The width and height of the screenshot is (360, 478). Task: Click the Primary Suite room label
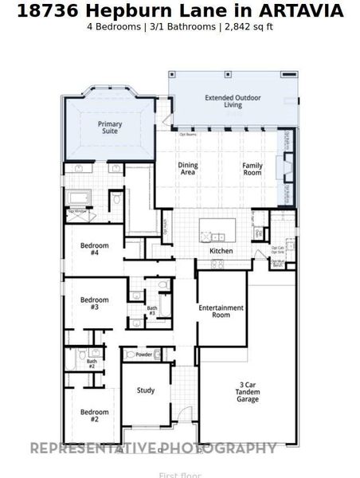(x=110, y=127)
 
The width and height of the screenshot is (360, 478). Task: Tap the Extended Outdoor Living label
(x=234, y=102)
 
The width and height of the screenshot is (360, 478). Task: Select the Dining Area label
(x=188, y=168)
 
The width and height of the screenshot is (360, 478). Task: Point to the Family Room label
(x=252, y=168)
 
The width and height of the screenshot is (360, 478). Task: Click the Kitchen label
(x=221, y=251)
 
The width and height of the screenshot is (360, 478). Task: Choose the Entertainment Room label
(x=221, y=310)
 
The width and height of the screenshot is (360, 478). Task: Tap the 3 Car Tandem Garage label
(x=248, y=392)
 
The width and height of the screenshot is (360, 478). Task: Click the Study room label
(x=146, y=390)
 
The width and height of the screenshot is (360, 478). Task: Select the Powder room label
(x=144, y=355)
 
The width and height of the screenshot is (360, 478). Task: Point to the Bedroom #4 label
(x=95, y=249)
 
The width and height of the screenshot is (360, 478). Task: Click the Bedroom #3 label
(x=95, y=304)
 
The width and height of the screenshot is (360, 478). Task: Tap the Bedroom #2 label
(x=94, y=415)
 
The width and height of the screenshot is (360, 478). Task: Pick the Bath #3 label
(x=151, y=310)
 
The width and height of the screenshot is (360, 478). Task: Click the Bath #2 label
(x=92, y=363)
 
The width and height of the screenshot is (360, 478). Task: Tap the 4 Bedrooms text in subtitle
(x=111, y=26)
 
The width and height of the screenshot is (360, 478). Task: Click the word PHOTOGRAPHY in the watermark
(x=219, y=449)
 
